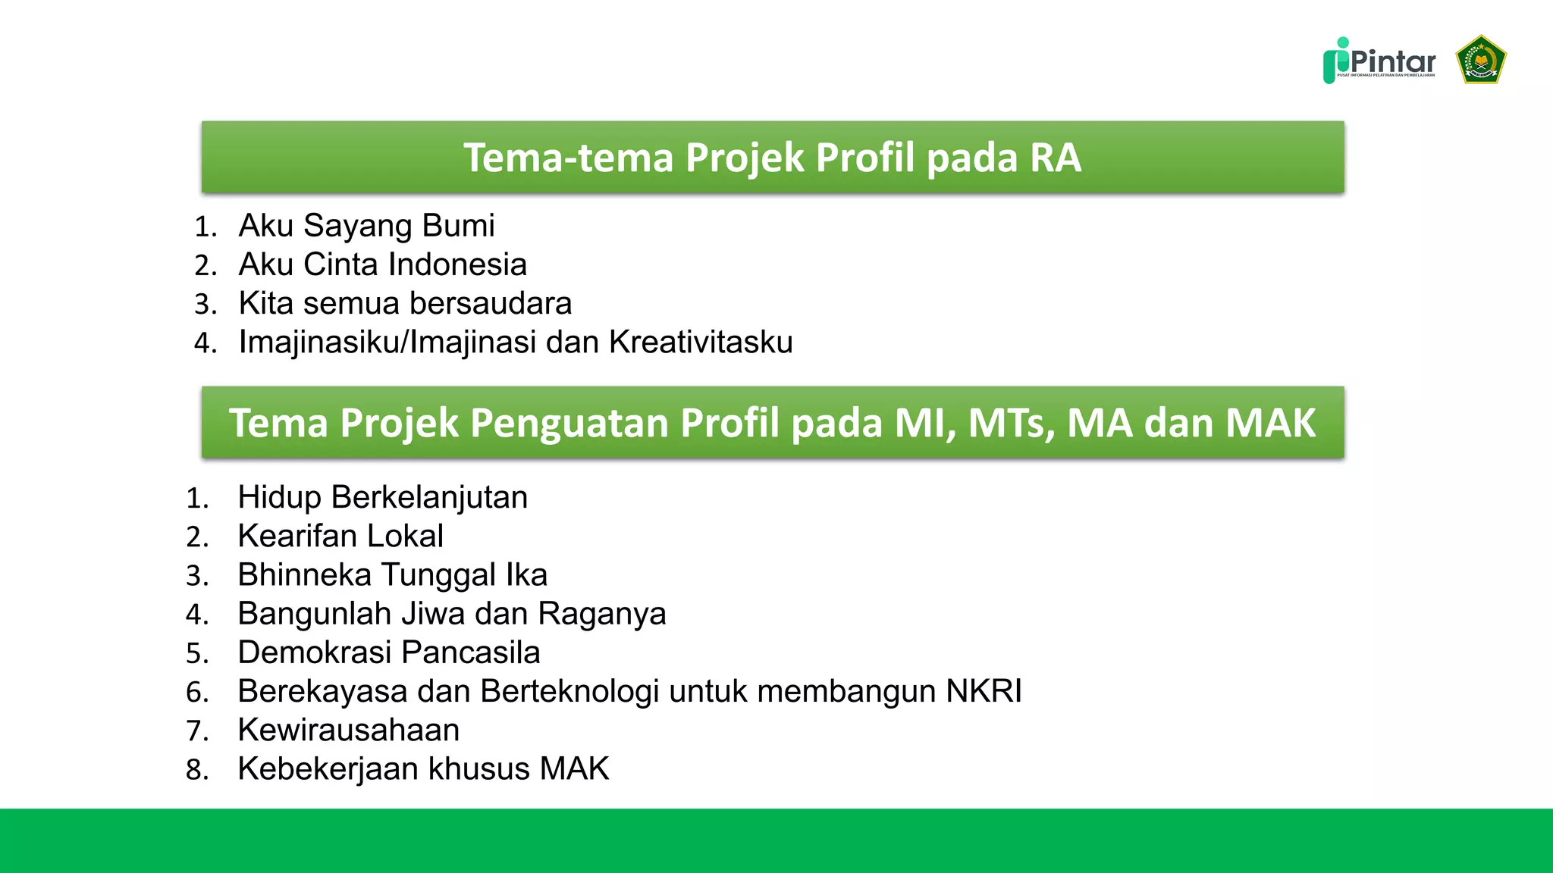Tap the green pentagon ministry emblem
click(1480, 59)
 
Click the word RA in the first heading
click(1055, 158)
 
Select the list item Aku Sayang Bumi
click(366, 226)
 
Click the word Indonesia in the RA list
click(456, 264)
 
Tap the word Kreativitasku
click(701, 342)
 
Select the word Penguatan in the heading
click(569, 423)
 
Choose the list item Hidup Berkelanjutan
click(382, 497)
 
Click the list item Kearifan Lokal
click(340, 536)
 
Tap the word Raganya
click(601, 614)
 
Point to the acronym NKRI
click(984, 691)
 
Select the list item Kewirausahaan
click(348, 730)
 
